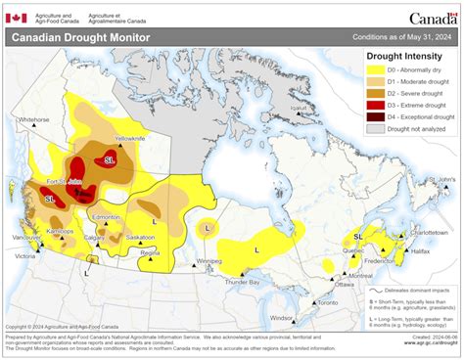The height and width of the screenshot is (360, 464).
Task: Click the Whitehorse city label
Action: pos(33,119)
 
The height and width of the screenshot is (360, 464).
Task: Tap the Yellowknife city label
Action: pos(131,139)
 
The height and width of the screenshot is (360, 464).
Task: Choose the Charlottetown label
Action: pos(428,233)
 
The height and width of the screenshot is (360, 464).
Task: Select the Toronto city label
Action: pos(328,304)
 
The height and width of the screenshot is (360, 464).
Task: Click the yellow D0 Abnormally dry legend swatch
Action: pos(375,71)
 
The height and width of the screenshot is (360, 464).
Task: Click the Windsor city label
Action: pos(282,318)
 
